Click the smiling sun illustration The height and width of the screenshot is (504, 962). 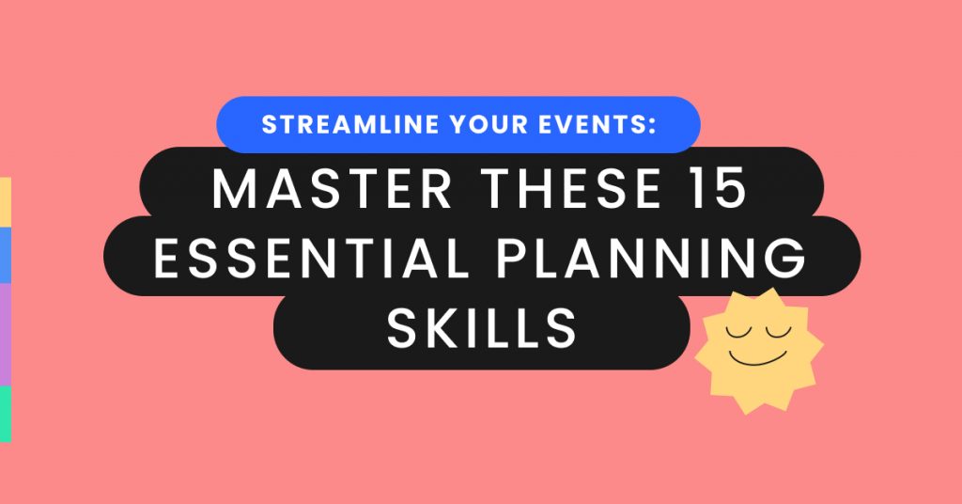(758, 349)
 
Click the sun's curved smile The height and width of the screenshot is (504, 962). (759, 358)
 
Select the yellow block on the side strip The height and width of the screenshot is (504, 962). (5, 201)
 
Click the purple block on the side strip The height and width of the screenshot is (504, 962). (5, 334)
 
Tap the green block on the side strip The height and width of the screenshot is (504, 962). (5, 413)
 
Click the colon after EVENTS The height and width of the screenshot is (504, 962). (650, 126)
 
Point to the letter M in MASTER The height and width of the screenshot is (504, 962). (232, 190)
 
